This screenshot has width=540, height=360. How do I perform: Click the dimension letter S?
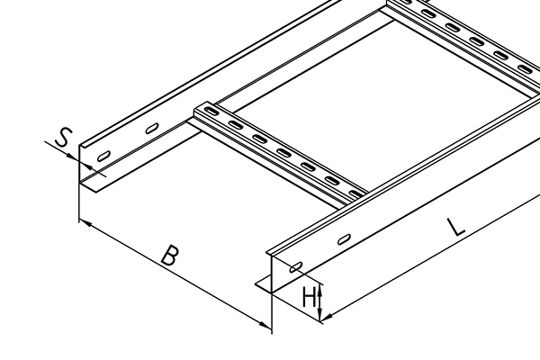[64, 138]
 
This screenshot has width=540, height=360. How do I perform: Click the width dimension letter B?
[171, 256]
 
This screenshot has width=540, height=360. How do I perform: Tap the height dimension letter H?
[309, 297]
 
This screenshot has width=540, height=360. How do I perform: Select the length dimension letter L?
[456, 227]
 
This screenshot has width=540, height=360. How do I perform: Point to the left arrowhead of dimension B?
[85, 224]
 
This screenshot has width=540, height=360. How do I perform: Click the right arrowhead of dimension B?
[265, 325]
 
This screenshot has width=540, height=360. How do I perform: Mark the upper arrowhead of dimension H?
[319, 290]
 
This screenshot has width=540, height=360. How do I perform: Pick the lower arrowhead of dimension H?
[319, 314]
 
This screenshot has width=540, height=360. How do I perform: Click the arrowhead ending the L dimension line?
[328, 316]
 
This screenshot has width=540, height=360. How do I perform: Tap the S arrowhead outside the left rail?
[73, 157]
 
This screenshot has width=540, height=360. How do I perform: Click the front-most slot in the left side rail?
[103, 156]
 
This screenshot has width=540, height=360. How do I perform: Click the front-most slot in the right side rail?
[296, 267]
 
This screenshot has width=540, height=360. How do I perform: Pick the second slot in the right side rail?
[344, 238]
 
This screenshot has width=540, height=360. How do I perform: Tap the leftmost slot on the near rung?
[211, 112]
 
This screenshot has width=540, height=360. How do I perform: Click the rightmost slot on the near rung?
[355, 194]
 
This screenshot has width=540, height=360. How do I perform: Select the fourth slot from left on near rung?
[283, 152]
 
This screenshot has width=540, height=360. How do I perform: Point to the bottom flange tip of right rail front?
[256, 284]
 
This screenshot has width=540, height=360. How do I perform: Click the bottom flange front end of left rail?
[96, 192]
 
